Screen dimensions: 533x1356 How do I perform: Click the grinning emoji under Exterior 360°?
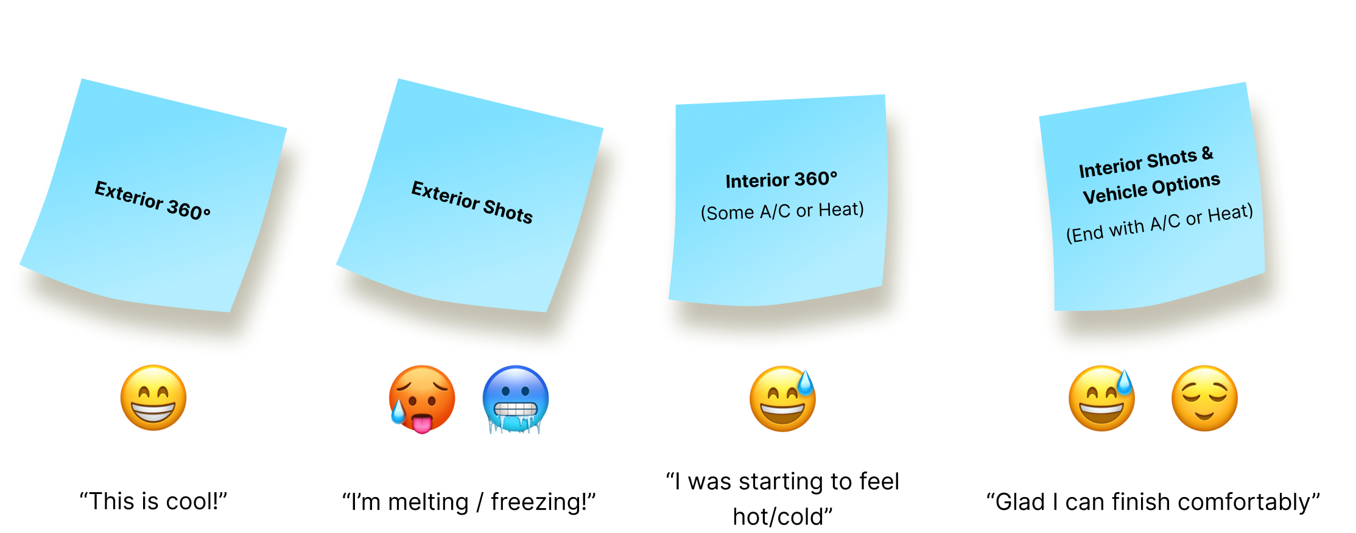click(153, 398)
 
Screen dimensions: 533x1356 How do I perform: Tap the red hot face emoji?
click(422, 397)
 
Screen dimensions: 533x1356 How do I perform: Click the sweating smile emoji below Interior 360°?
click(782, 400)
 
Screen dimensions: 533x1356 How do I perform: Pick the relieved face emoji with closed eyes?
click(1204, 399)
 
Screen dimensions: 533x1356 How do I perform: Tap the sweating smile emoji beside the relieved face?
click(1101, 400)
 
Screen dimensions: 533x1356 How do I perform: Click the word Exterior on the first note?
click(128, 195)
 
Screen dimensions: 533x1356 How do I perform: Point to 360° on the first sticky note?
click(189, 209)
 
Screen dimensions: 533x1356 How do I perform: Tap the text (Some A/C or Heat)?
click(782, 211)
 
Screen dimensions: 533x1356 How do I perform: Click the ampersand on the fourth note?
click(1207, 154)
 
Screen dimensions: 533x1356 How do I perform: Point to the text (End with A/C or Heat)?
click(1159, 224)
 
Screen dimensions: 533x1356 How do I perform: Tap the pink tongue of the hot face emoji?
click(421, 423)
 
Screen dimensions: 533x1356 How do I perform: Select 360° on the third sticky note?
click(816, 179)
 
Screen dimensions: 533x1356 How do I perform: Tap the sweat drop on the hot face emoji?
click(398, 413)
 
